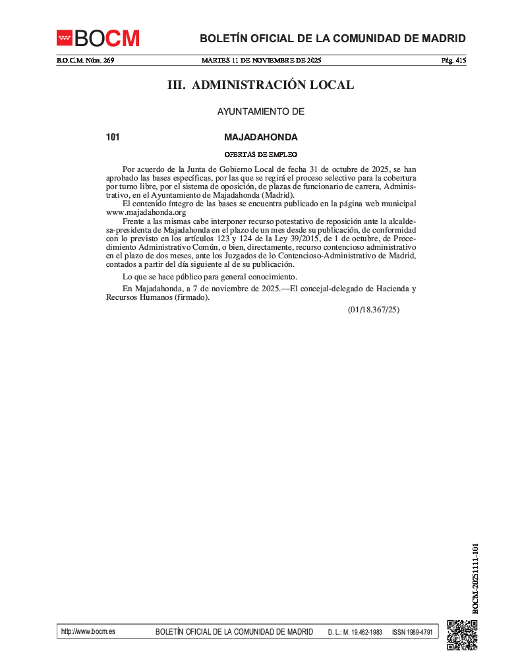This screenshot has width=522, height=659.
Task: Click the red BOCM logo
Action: coord(98,38)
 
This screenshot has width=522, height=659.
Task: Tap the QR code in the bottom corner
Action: coord(461,635)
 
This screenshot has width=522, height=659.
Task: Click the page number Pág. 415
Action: coord(453,61)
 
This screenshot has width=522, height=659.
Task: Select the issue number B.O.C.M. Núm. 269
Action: coord(85,61)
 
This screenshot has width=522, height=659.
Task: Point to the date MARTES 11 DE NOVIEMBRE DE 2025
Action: coord(261,61)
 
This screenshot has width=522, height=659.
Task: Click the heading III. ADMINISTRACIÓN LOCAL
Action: coord(260,85)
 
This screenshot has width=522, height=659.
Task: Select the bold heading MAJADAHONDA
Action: coord(261,138)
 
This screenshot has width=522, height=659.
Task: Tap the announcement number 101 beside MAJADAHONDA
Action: coord(113,138)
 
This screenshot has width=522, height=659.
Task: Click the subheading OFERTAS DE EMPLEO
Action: coord(261,154)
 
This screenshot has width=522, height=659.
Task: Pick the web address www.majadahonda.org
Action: coord(146,212)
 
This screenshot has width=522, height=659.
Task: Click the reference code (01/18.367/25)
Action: coord(374,309)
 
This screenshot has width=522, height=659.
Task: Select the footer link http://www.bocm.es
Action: coord(88,631)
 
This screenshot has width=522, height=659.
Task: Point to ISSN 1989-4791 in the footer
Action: coord(412,632)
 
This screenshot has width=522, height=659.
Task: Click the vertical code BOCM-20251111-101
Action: coord(475,579)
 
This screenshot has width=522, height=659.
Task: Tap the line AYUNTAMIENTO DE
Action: coord(261,112)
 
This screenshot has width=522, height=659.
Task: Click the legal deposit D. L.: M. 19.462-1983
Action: coord(355,632)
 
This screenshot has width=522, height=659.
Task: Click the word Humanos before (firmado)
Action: coord(152,297)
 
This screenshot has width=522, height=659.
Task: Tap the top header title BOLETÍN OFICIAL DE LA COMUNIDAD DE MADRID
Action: coord(333,38)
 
